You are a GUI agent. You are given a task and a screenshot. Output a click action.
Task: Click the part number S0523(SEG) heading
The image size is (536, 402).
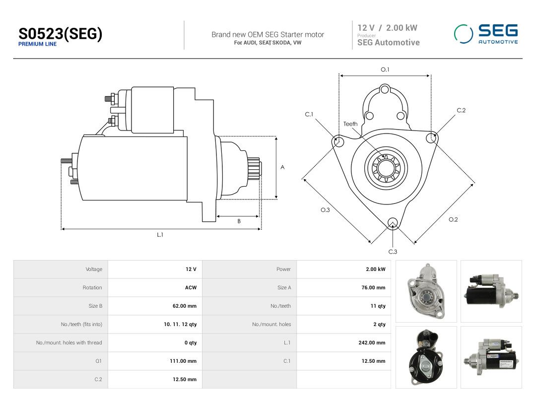coord(60,34)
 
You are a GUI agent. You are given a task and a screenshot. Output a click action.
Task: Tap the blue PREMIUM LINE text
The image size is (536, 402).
coord(37,44)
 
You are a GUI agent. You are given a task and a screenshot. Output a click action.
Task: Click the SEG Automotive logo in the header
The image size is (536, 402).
coord(486,34)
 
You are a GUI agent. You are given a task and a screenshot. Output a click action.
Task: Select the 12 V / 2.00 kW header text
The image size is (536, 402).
coord(387,28)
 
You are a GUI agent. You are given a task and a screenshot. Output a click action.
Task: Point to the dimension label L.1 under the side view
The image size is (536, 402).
coord(160,235)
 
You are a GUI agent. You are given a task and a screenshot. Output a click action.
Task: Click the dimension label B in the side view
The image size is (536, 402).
coord(239,221)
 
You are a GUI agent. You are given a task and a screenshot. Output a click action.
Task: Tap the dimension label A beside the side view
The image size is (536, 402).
coord(282,167)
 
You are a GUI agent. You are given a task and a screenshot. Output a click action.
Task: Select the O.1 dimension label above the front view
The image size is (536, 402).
coord(385,69)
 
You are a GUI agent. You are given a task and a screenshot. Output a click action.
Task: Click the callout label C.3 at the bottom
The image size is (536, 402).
coord(393,252)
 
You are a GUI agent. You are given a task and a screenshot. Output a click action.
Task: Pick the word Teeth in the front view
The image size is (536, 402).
coord(350,124)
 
